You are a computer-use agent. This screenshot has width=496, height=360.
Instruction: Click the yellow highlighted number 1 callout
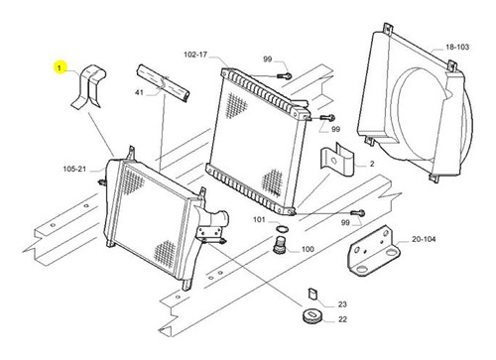(60, 67)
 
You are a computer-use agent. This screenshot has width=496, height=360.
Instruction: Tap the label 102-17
(195, 55)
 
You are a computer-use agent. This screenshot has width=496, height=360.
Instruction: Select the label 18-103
(457, 47)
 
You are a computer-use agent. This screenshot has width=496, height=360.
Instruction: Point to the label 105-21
(74, 169)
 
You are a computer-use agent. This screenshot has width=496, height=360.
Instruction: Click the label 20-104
(424, 239)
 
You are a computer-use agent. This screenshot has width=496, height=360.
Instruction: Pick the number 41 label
(139, 92)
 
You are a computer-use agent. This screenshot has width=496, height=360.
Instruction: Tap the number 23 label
(342, 304)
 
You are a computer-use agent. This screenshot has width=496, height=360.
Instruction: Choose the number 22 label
(342, 319)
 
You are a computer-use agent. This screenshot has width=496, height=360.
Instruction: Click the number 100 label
(308, 249)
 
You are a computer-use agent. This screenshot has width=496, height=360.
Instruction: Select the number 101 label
(259, 219)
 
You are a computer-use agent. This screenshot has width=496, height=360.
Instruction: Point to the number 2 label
(372, 164)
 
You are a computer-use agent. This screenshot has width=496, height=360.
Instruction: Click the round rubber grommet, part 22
(312, 316)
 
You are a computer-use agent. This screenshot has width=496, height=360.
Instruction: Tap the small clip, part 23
(312, 294)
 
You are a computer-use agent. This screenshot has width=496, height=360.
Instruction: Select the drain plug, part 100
(280, 245)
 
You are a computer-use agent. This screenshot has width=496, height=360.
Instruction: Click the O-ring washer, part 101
(282, 229)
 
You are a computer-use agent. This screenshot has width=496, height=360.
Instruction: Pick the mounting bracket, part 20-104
(374, 250)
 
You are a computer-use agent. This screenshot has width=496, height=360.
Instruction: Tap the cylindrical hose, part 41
(163, 83)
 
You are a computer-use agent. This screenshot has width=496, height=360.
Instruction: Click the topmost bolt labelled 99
(285, 76)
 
